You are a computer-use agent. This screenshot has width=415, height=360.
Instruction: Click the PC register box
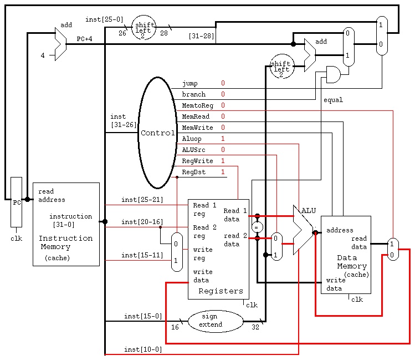click(16, 202)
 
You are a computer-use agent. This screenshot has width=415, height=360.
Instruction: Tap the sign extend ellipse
click(216, 321)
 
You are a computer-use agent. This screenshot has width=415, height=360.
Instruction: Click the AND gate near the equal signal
click(333, 74)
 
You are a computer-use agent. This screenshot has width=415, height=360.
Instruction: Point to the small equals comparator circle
click(257, 227)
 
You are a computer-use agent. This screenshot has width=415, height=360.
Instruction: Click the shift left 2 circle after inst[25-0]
click(144, 28)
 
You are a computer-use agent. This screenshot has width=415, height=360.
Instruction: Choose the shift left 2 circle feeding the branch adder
click(282, 66)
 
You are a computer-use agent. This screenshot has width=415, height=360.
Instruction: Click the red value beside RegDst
click(223, 172)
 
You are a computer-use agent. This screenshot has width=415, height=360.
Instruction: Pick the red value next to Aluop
click(223, 139)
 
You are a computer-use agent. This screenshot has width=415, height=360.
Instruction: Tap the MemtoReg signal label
click(197, 105)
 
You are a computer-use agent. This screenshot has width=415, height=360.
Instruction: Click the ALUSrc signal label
click(193, 150)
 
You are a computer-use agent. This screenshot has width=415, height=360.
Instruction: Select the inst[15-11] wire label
click(142, 255)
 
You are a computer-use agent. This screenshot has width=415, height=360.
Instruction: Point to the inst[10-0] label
click(143, 349)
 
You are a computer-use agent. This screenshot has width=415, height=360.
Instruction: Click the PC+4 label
click(84, 39)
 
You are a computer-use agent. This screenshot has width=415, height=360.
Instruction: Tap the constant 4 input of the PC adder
click(43, 55)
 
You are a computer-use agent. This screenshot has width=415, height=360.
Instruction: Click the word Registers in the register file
click(221, 291)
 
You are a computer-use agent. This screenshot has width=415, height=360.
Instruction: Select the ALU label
click(309, 211)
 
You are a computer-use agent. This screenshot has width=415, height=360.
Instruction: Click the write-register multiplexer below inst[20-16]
click(177, 252)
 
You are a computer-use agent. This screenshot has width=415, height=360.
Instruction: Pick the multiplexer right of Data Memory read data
click(393, 249)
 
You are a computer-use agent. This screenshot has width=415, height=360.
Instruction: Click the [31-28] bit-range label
click(201, 36)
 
